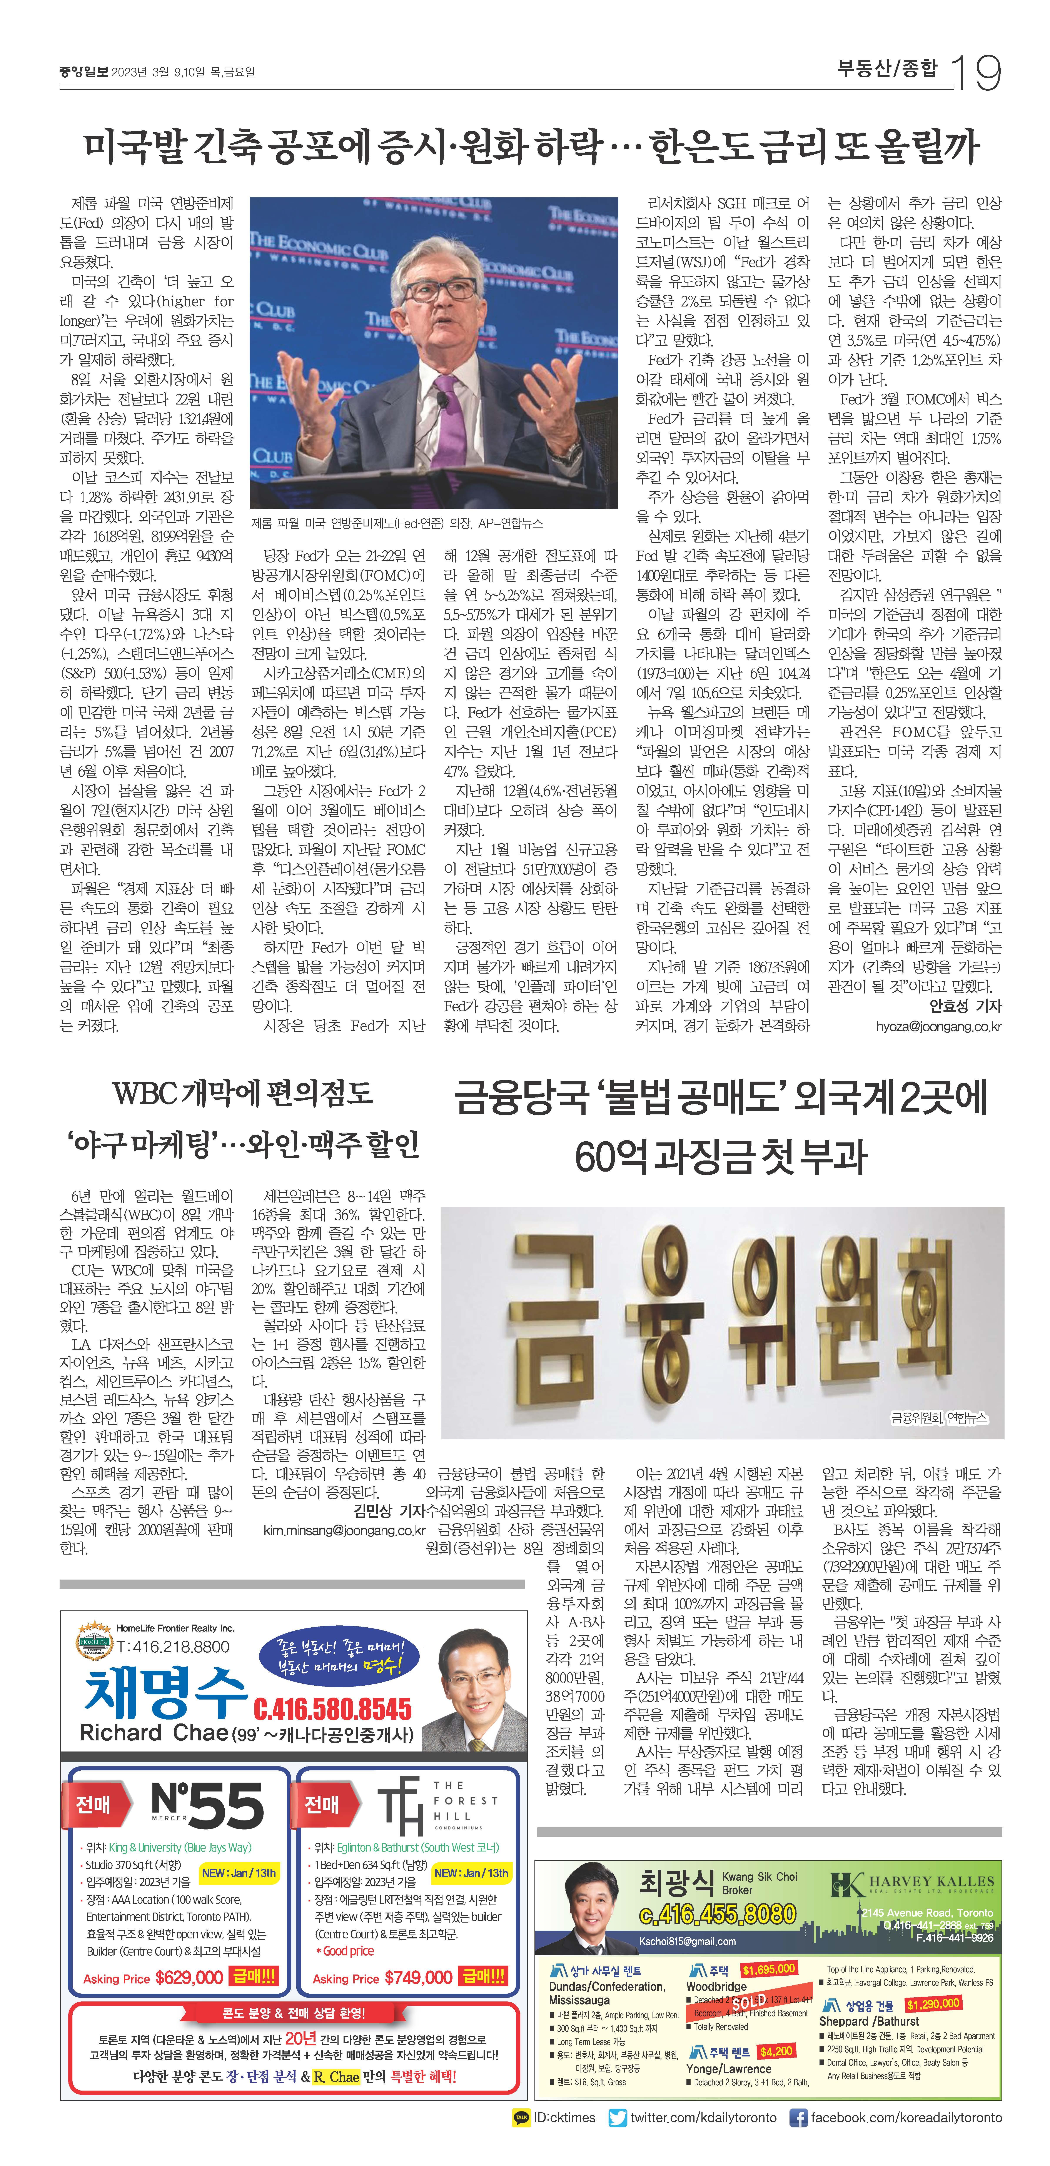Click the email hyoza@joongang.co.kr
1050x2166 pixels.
[x=938, y=1027]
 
